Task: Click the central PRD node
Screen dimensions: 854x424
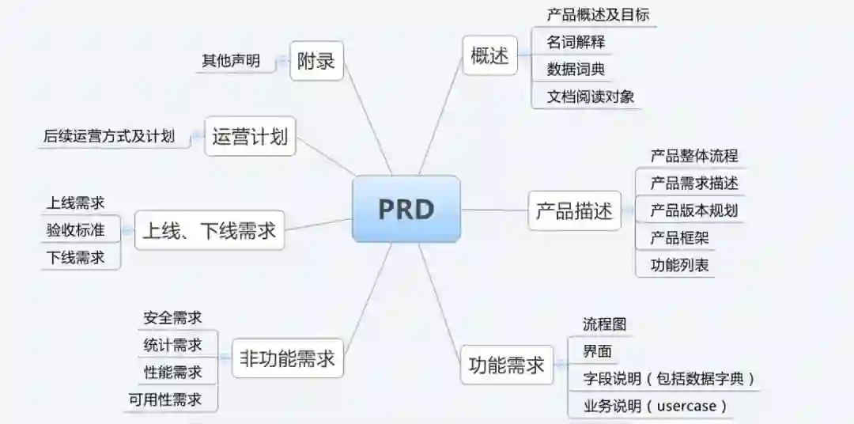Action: point(406,209)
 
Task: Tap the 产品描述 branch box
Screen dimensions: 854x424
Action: point(574,211)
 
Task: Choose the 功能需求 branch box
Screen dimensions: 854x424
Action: point(507,365)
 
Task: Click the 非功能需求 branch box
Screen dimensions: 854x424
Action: point(287,360)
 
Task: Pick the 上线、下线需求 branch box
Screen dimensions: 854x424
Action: point(209,230)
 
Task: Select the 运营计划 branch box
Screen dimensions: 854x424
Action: point(249,137)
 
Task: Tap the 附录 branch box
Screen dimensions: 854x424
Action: point(316,61)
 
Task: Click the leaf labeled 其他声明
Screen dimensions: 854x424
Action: point(231,61)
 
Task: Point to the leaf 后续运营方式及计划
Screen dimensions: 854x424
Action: point(109,136)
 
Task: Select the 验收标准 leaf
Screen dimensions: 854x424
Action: point(75,230)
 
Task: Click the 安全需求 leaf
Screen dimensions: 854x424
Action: point(172,318)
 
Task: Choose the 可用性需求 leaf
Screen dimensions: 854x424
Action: point(165,399)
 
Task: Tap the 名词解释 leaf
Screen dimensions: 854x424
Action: point(576,41)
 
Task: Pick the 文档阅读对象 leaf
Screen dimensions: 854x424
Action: point(590,97)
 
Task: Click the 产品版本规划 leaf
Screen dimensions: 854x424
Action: point(693,210)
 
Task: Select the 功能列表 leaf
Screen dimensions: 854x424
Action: point(679,264)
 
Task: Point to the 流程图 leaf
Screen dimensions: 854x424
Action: point(604,324)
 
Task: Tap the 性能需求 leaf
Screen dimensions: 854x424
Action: point(172,372)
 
